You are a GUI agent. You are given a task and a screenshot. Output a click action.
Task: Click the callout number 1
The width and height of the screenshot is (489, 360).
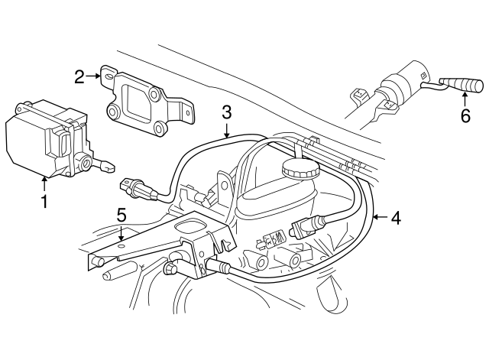tap(44, 201)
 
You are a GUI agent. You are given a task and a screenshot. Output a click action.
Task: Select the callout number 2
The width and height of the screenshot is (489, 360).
tap(79, 76)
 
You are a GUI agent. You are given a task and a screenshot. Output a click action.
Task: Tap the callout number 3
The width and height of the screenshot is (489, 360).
tap(227, 112)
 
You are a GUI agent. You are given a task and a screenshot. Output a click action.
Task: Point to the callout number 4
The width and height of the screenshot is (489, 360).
tap(396, 218)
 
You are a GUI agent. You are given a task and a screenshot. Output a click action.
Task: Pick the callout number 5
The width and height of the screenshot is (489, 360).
tap(121, 215)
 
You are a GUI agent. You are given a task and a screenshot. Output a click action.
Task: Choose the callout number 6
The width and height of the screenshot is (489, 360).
tap(465, 115)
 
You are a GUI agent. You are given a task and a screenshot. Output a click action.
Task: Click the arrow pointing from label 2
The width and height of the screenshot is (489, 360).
tap(93, 76)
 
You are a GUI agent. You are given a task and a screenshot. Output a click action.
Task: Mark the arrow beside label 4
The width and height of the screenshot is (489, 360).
tap(381, 217)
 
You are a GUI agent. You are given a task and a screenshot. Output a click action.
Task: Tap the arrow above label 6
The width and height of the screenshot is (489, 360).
tap(465, 100)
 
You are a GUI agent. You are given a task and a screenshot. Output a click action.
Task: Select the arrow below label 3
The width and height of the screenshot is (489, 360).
tap(227, 130)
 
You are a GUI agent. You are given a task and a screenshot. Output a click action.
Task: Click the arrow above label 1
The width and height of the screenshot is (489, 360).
tap(44, 184)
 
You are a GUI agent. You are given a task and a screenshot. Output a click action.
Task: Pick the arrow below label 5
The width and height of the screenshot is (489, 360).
tap(121, 232)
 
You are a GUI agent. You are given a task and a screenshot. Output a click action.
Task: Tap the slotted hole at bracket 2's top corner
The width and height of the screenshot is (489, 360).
tap(108, 76)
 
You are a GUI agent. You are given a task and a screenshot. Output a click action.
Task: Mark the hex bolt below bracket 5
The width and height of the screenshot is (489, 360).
tap(171, 268)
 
